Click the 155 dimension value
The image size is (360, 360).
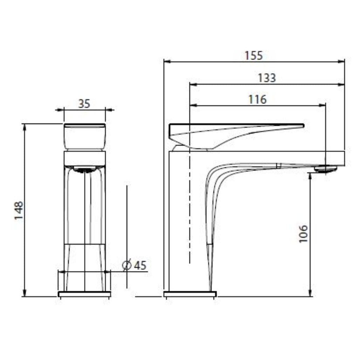click(x=254, y=56)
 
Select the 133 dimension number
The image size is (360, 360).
click(x=267, y=78)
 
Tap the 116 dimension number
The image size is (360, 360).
click(x=257, y=99)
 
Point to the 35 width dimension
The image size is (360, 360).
click(x=84, y=104)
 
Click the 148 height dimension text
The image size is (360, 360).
click(x=19, y=210)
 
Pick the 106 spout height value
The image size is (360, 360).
click(x=303, y=234)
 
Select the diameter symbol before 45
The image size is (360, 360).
click(x=127, y=265)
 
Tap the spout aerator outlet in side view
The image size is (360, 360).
click(x=325, y=169)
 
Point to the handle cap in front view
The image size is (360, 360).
click(x=85, y=137)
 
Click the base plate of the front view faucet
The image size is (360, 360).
click(x=84, y=294)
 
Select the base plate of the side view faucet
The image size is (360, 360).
click(x=190, y=294)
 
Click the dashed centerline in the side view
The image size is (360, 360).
click(x=189, y=210)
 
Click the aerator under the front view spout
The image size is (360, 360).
click(x=85, y=170)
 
